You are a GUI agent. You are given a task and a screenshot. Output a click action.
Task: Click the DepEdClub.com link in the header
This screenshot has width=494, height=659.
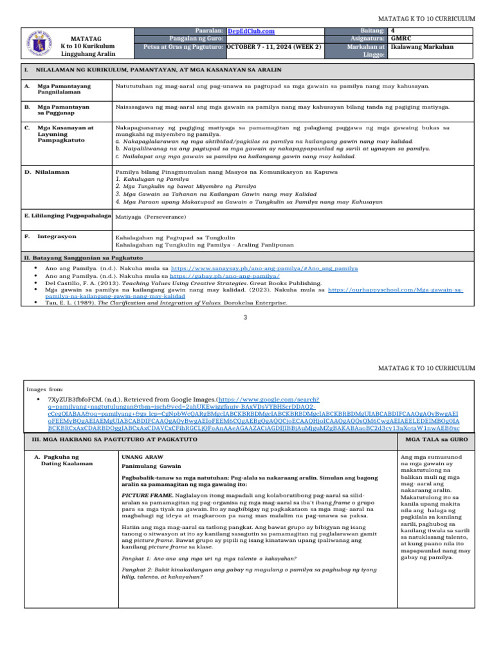tap(252, 31)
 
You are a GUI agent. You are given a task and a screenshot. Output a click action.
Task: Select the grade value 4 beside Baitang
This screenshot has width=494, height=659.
tap(393, 30)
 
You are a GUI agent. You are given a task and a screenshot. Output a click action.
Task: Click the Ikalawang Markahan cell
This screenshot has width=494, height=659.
tap(422, 47)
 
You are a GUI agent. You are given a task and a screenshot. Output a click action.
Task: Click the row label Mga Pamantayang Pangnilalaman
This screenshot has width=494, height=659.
tap(64, 89)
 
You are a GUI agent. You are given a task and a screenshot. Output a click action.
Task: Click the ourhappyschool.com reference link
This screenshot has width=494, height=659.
tap(395, 290)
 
